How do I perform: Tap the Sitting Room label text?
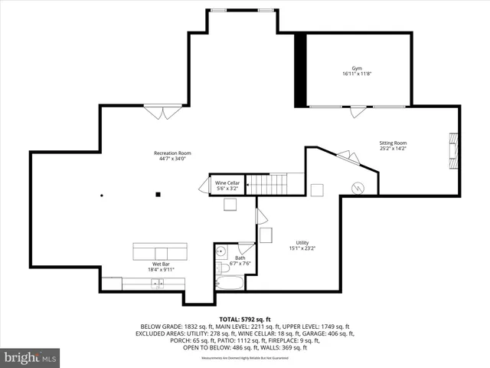coord(394,146)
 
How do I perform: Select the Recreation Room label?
coord(172,156)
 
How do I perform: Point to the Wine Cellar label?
coord(227,186)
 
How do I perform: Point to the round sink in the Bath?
coord(221,251)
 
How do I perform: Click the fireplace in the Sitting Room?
coord(453,151)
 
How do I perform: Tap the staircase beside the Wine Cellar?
coord(269,185)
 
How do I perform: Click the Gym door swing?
coord(357,112)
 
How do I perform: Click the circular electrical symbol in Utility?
coord(356,188)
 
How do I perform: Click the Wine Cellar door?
coord(204,186)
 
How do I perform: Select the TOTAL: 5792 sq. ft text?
coord(245,319)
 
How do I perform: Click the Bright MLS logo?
coord(31,356)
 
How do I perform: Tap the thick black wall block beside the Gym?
coord(300,70)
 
